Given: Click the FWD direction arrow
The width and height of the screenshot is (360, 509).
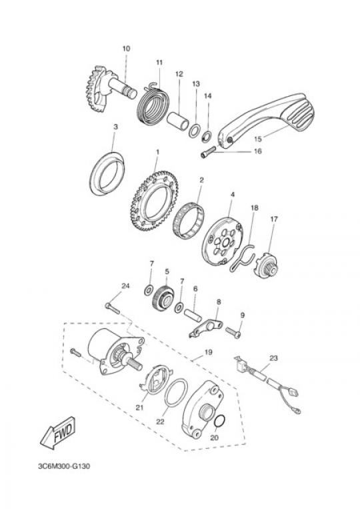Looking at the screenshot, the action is (59, 433).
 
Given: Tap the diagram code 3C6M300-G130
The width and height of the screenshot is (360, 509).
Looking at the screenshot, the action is (64, 466).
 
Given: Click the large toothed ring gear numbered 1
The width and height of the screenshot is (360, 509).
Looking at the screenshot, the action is (155, 200).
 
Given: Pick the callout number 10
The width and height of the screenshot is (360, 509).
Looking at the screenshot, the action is (126, 49).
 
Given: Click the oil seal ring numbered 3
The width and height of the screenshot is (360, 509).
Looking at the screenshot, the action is (107, 174).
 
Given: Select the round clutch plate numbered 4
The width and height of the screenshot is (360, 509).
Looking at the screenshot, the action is (225, 241).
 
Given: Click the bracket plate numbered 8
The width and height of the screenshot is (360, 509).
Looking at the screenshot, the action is (205, 328).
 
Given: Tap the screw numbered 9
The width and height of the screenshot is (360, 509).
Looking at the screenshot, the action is (233, 332).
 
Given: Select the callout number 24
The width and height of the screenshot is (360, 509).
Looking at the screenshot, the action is (125, 286).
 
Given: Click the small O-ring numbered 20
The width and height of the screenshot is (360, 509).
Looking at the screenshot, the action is (220, 422).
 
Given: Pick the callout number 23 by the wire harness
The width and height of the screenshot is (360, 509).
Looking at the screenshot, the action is (274, 358).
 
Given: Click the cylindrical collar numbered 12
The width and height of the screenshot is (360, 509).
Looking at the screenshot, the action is (179, 121).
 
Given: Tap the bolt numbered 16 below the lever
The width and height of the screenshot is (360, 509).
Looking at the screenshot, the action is (208, 152).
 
